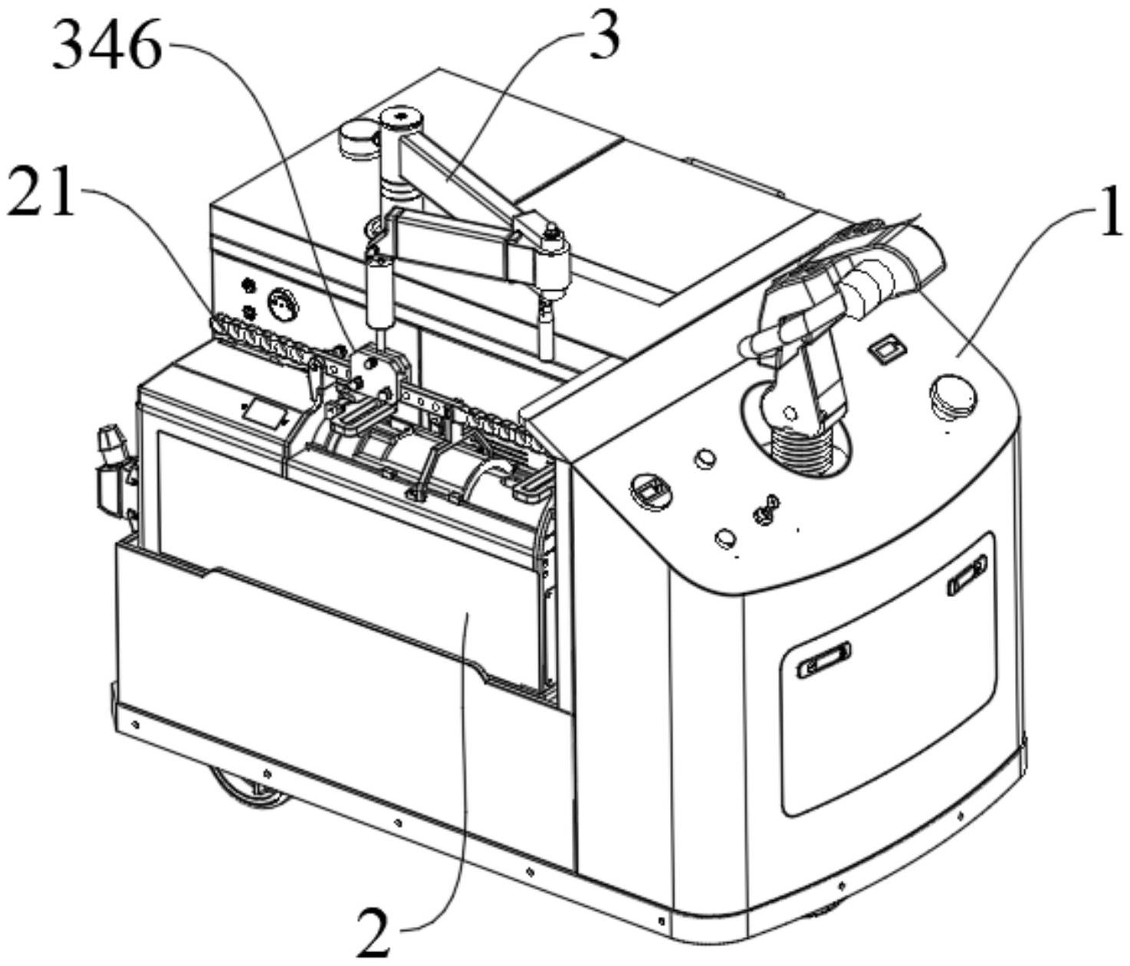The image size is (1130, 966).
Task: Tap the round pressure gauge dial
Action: [x=283, y=302]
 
